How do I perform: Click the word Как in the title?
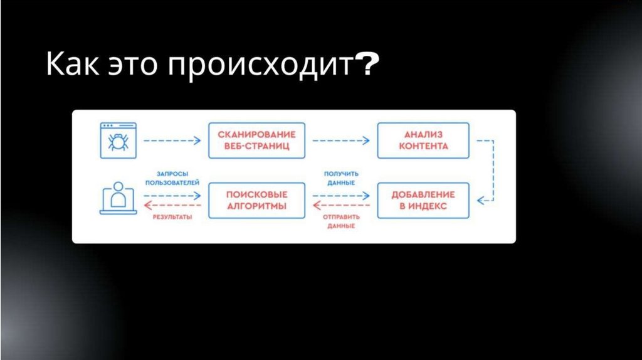tap(70, 66)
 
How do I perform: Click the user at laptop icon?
tap(117, 199)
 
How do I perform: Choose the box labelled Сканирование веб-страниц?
tap(256, 140)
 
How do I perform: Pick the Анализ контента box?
tap(423, 140)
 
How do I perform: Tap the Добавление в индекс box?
tap(423, 201)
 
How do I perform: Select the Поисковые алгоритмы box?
tap(256, 201)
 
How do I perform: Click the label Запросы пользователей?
tap(172, 178)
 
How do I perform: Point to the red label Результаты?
tap(172, 218)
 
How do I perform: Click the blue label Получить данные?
tap(341, 178)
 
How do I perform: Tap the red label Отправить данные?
tap(341, 221)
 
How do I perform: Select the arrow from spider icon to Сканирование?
tap(171, 141)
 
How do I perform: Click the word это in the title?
tap(130, 66)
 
